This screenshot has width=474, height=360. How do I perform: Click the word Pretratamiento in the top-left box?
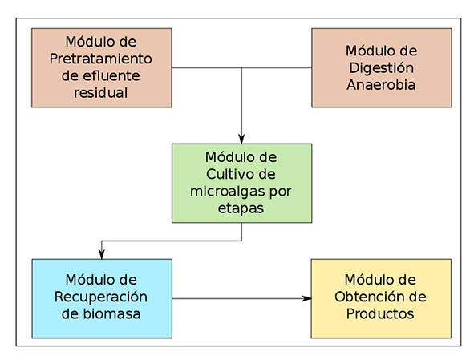101,59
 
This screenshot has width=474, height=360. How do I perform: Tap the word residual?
101,92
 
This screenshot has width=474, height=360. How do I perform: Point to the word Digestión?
382,68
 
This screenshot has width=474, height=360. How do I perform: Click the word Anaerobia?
381,85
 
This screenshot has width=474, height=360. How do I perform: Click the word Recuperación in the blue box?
101,297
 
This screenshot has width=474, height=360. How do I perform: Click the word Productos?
380,313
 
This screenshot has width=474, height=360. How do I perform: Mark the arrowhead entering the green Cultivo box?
241,139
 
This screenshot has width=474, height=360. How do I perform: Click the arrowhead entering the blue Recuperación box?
102,254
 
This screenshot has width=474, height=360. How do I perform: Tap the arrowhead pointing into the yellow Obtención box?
306,298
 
